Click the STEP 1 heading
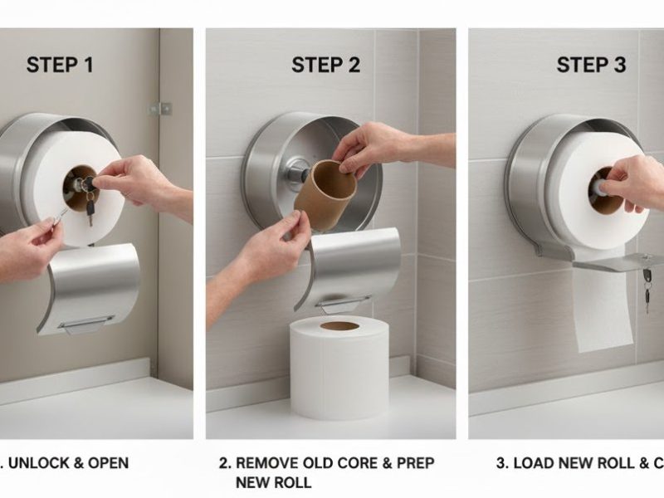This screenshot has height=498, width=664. pos(60,65)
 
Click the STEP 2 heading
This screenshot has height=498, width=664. pos(326,65)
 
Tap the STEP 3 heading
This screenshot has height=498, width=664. pos(591,65)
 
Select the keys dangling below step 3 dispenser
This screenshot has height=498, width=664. pos(647,286)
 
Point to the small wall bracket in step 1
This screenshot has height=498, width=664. pos(160,108)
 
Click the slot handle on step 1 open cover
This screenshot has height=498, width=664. pos(87,322)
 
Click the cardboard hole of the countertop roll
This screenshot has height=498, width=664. pos(339,325)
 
